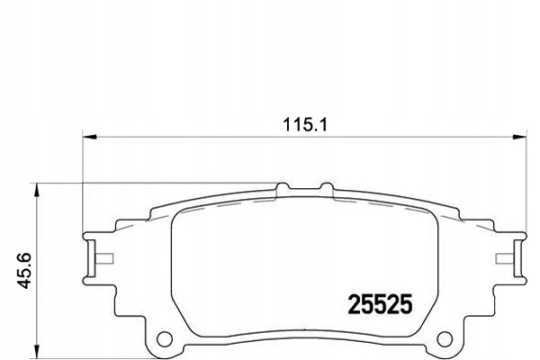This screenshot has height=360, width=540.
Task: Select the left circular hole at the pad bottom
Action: pos(165,341)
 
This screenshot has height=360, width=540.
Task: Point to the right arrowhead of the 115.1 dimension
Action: pos(519,137)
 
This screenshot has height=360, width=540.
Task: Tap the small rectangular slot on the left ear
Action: pos(103,261)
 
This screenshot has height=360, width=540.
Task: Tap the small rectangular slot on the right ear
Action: pos(506,261)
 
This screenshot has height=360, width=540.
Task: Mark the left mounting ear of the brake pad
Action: pos(94,261)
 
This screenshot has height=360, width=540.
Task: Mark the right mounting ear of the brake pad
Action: pos(513,261)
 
